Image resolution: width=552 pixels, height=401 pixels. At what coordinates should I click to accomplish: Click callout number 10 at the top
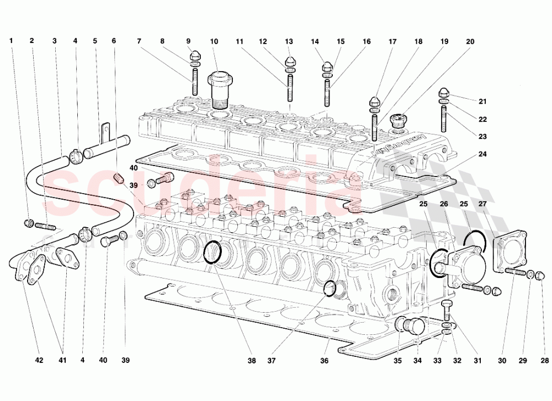coord(214,41)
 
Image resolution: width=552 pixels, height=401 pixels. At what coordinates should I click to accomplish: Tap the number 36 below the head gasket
coord(324,361)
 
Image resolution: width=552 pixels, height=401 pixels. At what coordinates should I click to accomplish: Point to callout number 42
coord(38,361)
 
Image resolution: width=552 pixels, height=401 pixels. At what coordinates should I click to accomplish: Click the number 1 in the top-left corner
coord(12,41)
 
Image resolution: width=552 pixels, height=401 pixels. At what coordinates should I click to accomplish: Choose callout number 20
coord(470,41)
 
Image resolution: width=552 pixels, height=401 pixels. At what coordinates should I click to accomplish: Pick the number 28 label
coord(545,361)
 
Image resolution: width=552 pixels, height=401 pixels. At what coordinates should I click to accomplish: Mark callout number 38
coord(252,361)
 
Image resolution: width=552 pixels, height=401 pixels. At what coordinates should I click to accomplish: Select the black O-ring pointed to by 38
coord(213,252)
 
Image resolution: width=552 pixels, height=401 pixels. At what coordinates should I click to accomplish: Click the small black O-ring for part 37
coord(329,287)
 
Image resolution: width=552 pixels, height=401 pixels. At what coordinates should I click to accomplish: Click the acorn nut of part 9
coord(194,56)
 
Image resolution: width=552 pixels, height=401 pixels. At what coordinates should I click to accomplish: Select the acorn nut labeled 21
coord(444,92)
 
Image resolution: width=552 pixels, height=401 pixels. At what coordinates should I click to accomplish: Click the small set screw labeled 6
coord(116,178)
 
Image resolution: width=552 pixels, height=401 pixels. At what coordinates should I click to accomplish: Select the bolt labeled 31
coord(447,310)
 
